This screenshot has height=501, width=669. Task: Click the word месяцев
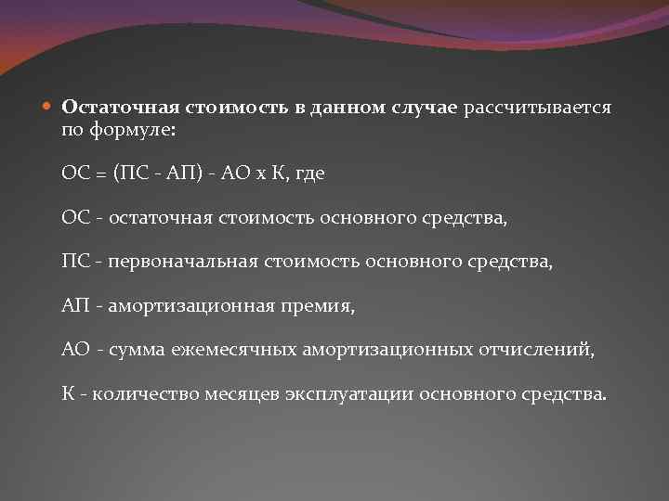238,392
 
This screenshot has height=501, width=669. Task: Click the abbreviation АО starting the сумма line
75,349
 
